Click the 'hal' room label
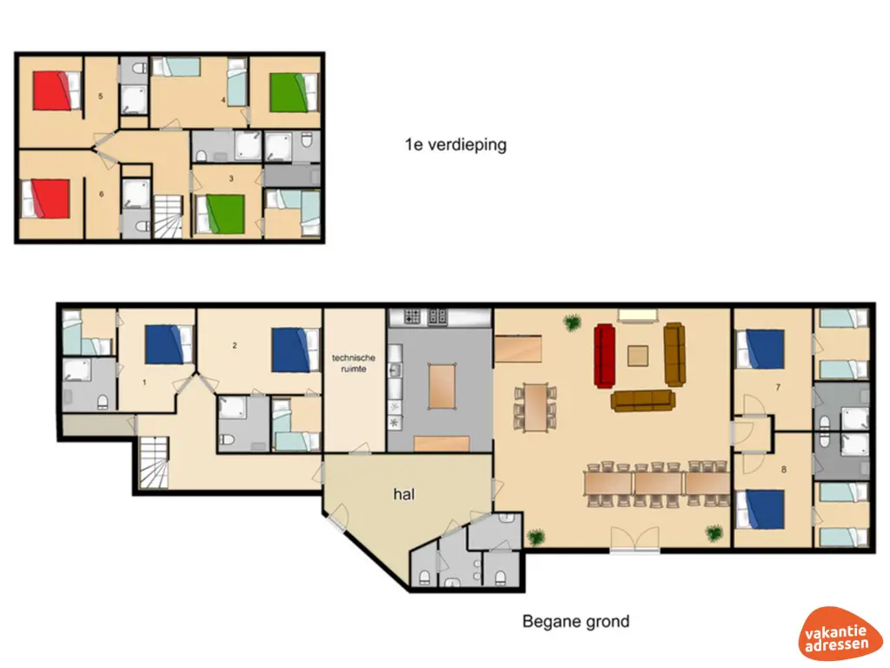click(x=403, y=494)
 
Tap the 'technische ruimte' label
click(x=353, y=363)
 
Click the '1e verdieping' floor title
click(x=455, y=144)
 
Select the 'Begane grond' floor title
click(x=575, y=621)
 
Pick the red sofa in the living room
click(x=605, y=356)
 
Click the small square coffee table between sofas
click(x=638, y=356)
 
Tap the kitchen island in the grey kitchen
click(x=442, y=386)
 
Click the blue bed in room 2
click(x=296, y=350)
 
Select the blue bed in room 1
click(x=169, y=344)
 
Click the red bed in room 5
click(x=56, y=90)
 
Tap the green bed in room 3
click(x=220, y=215)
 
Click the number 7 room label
click(x=778, y=387)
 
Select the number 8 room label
click(x=784, y=470)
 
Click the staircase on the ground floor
click(x=155, y=463)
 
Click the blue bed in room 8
click(x=760, y=510)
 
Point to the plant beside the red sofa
click(x=573, y=323)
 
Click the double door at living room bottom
click(x=634, y=540)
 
